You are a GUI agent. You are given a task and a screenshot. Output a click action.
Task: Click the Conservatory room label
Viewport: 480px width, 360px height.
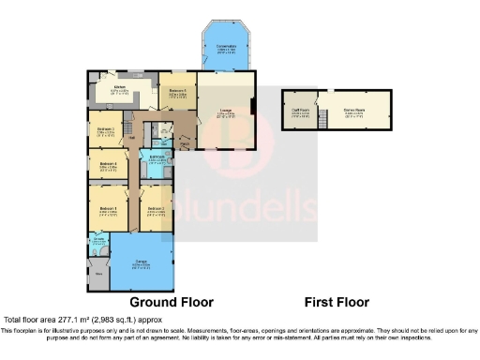pos(226,46)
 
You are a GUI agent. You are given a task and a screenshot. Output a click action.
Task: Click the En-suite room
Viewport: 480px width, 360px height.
pos(98,244)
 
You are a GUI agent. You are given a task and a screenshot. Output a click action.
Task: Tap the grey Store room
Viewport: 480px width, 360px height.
pos(98,274)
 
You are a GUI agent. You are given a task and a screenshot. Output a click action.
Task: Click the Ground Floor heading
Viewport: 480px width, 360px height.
pos(171,303)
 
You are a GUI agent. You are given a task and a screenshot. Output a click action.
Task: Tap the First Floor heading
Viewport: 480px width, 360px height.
pos(336,303)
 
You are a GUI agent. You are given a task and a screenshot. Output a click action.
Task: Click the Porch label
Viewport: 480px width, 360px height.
pos(184,143)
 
